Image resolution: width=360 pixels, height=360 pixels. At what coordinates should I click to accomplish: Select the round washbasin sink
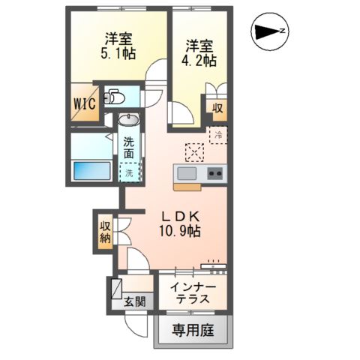129,120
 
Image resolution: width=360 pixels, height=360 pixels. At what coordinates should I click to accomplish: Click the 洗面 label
129,148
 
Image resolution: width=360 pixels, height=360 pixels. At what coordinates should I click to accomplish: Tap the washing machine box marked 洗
129,172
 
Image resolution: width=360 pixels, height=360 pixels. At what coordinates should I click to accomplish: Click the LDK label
179,213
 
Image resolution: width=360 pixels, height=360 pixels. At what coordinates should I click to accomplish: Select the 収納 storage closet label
104,231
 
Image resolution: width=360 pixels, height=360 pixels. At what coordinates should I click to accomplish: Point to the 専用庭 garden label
193,329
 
